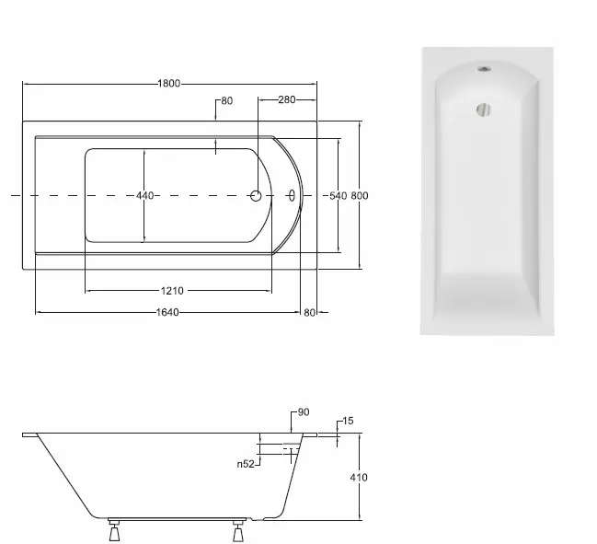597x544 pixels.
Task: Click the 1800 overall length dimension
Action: [169, 84]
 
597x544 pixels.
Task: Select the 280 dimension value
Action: [286, 99]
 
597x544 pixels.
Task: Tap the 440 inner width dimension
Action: [144, 196]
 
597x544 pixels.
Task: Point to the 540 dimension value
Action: [339, 196]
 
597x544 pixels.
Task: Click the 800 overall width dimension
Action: [360, 196]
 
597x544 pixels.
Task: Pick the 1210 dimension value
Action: [172, 291]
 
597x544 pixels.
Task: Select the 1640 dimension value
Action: [167, 313]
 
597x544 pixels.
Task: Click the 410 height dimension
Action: [359, 478]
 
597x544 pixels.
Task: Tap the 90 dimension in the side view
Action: [304, 412]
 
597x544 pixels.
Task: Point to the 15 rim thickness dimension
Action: [348, 421]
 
